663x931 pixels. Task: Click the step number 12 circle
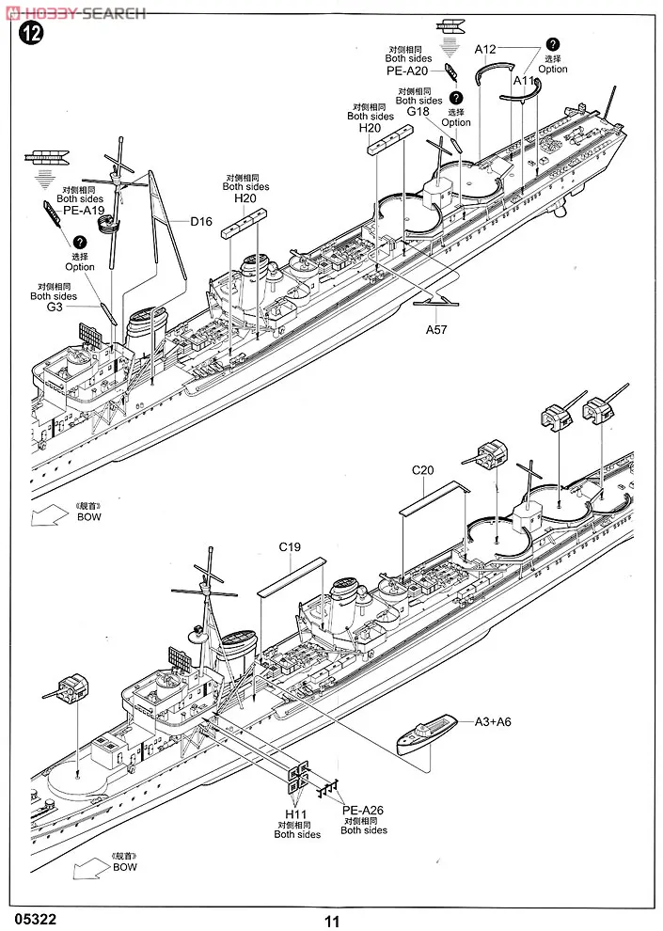click(x=31, y=33)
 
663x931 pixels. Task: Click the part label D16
click(x=201, y=222)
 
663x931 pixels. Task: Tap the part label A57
click(x=436, y=329)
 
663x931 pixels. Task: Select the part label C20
click(x=422, y=470)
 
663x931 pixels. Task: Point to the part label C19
click(x=290, y=546)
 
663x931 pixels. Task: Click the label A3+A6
click(x=493, y=722)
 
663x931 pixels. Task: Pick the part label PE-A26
click(x=363, y=810)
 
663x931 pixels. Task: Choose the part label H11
click(x=295, y=814)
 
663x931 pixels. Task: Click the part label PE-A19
click(x=80, y=210)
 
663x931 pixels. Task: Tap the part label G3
click(x=55, y=307)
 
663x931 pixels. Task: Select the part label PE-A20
click(x=407, y=71)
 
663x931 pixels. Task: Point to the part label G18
click(x=418, y=111)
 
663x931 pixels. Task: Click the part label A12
click(x=485, y=49)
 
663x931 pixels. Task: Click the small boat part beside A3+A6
click(x=427, y=734)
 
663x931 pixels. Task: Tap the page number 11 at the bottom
click(x=332, y=921)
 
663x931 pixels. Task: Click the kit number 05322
click(x=32, y=919)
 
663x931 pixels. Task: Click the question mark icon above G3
click(x=80, y=242)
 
